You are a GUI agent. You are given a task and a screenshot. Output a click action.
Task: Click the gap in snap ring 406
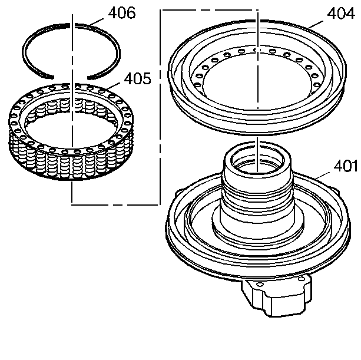point(68,75)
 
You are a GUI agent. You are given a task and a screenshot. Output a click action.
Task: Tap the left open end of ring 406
point(50,73)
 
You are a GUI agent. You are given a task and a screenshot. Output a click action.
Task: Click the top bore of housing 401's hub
point(258,159)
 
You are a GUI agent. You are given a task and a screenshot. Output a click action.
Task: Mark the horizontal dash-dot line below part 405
point(115,204)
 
